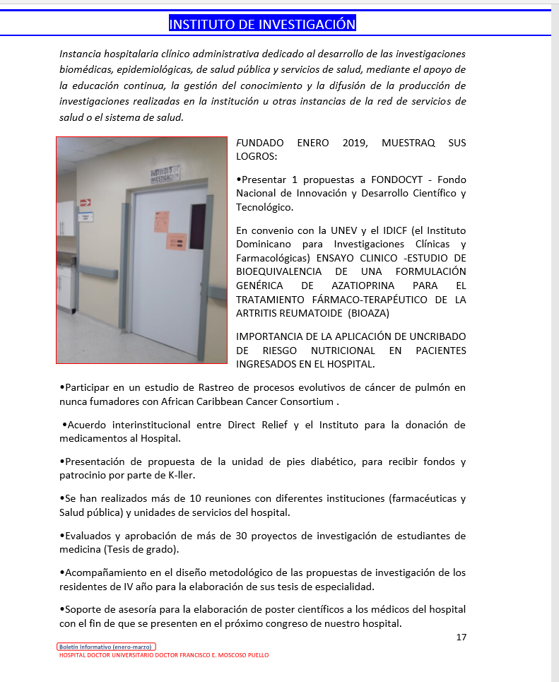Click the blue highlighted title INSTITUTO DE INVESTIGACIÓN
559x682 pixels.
pyautogui.click(x=262, y=24)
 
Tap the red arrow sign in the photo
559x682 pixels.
pyautogui.click(x=86, y=202)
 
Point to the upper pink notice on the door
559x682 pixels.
pyautogui.click(x=162, y=221)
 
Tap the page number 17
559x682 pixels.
pyautogui.click(x=461, y=637)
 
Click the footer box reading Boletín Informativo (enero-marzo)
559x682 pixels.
pyautogui.click(x=106, y=647)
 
